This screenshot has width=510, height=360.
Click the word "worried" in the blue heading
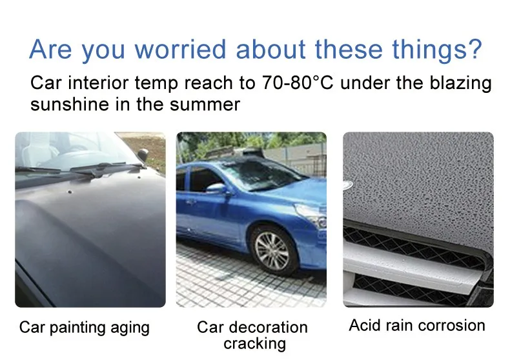click(x=180, y=50)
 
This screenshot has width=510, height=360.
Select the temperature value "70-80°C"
click(x=298, y=83)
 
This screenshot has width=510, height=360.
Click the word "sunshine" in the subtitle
click(x=70, y=105)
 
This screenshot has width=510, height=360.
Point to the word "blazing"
click(x=460, y=83)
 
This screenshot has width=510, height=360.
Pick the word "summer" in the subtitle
click(x=205, y=105)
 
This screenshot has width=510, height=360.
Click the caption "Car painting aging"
click(x=84, y=328)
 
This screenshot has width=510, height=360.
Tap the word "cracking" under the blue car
click(x=254, y=344)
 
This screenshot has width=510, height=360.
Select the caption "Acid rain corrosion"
click(x=417, y=325)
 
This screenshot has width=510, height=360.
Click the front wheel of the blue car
click(x=272, y=250)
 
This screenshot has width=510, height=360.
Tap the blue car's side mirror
click(x=217, y=188)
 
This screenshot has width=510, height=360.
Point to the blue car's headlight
click(x=311, y=214)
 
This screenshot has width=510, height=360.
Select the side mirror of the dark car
click(x=143, y=154)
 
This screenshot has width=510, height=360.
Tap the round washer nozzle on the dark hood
click(x=69, y=192)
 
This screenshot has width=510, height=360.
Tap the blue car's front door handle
click(x=190, y=202)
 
